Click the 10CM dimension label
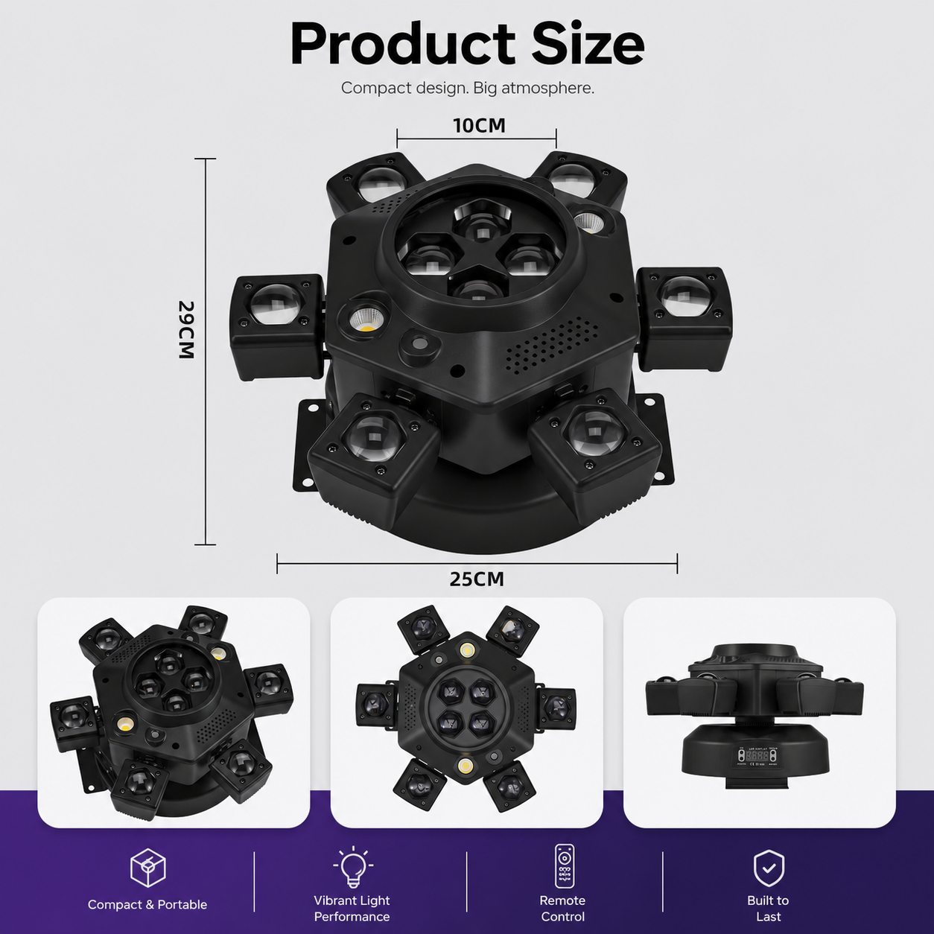479,126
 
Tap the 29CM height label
186,330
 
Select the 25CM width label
477,579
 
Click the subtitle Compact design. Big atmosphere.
467,88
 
